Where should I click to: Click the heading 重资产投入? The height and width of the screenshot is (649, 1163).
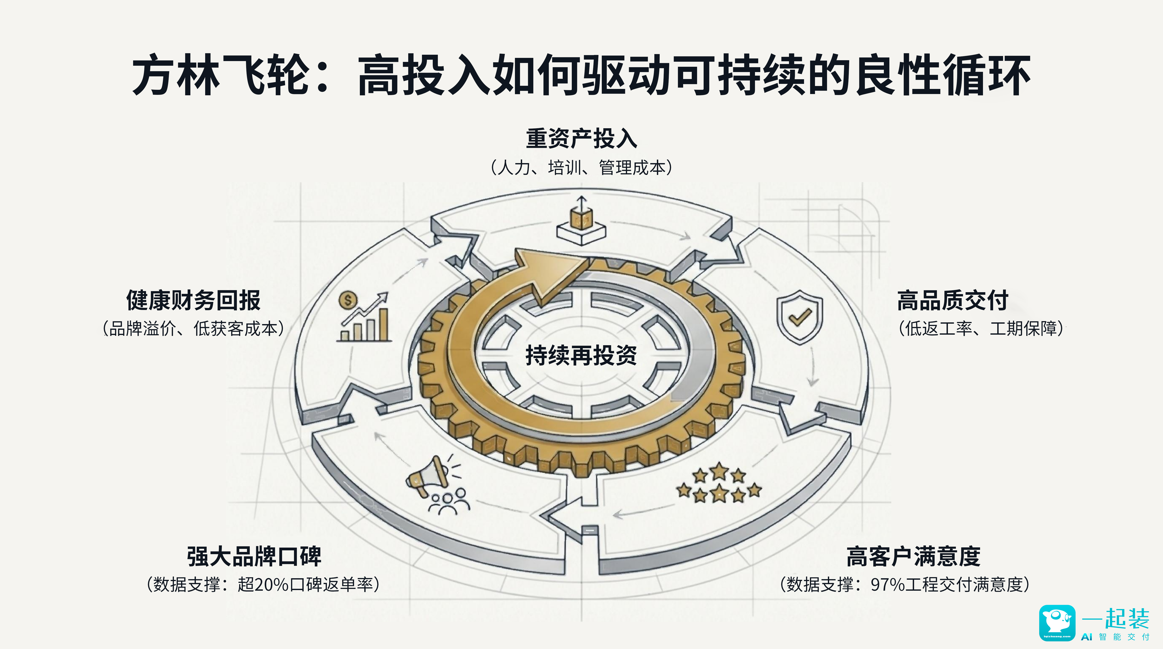click(581, 138)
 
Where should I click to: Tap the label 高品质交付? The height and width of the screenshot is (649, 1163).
click(953, 301)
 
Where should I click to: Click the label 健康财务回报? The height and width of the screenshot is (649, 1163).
click(193, 301)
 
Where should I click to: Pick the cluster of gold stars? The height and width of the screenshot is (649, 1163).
click(719, 483)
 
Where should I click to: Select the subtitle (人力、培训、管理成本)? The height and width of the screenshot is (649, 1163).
click(581, 168)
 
